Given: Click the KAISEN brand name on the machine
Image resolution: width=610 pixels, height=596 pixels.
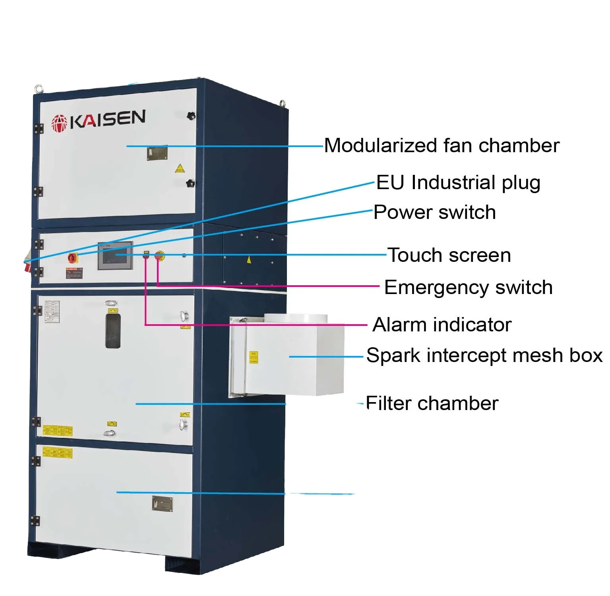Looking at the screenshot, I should point(107,119).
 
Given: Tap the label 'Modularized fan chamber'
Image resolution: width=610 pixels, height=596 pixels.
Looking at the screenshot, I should point(442,145).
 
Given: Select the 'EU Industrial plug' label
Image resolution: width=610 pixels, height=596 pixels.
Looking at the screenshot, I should point(458,183).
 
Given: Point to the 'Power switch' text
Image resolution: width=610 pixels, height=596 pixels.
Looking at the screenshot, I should point(435,212).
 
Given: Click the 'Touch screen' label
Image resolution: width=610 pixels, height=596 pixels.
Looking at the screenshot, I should point(449,255).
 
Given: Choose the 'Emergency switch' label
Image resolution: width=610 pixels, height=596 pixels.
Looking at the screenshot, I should point(468,287).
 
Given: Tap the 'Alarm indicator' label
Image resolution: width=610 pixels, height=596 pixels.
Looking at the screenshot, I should point(442,325).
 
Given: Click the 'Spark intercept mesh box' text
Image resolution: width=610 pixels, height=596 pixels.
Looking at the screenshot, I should point(484,355).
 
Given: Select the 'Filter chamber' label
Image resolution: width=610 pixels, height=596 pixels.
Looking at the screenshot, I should point(432,403).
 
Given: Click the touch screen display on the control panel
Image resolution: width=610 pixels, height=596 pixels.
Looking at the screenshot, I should point(115,255).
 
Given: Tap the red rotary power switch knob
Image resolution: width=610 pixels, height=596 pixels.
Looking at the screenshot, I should point(73,257).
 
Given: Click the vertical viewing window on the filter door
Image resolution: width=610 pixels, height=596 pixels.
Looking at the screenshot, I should point(113,331).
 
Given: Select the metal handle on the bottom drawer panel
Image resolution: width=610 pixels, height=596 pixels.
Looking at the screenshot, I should point(163,503).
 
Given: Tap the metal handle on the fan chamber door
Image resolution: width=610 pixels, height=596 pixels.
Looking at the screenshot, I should point(157,153).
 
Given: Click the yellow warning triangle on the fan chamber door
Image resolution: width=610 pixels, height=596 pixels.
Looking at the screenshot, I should point(180,168).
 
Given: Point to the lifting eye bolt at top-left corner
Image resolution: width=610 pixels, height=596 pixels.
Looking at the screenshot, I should point(39,89).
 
